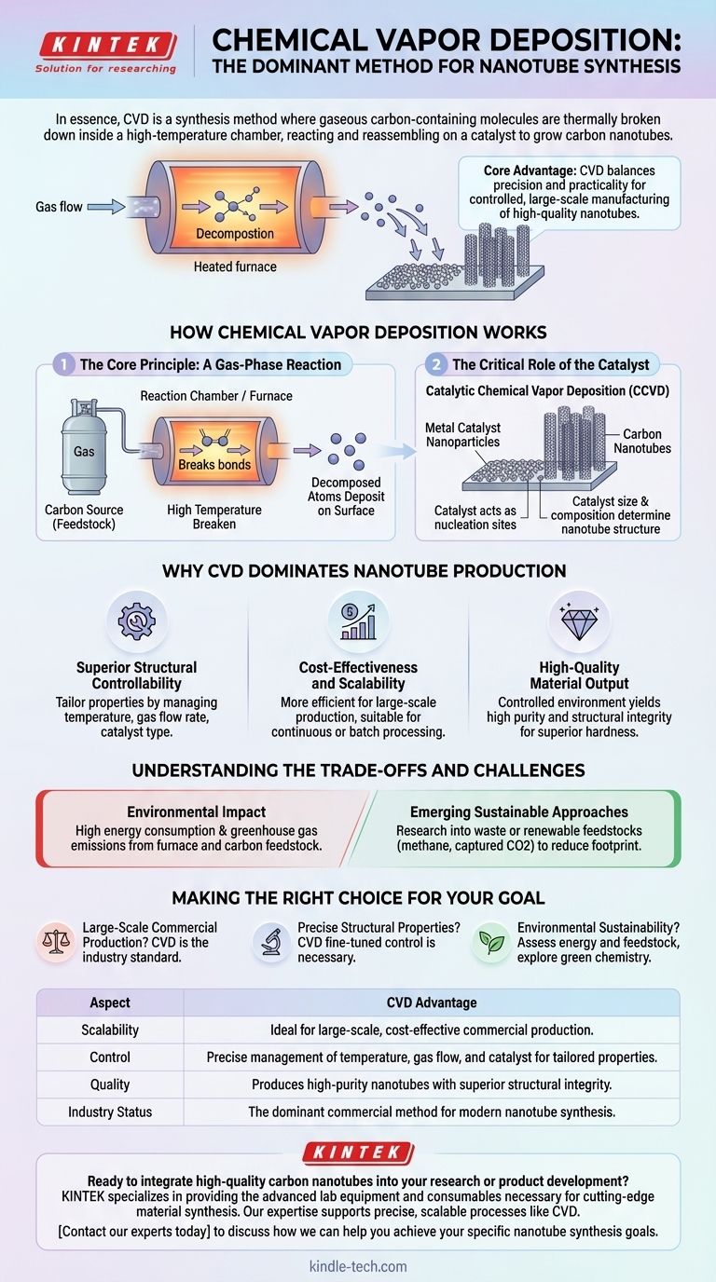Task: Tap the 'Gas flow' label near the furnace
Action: point(59,207)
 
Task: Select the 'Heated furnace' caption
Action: point(235,267)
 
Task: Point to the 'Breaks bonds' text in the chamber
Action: point(214,464)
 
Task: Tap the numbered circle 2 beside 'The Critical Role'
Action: point(436,365)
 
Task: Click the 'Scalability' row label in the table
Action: point(110,1030)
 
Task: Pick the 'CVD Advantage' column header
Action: point(432,1002)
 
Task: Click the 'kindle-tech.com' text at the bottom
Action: point(358,1266)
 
